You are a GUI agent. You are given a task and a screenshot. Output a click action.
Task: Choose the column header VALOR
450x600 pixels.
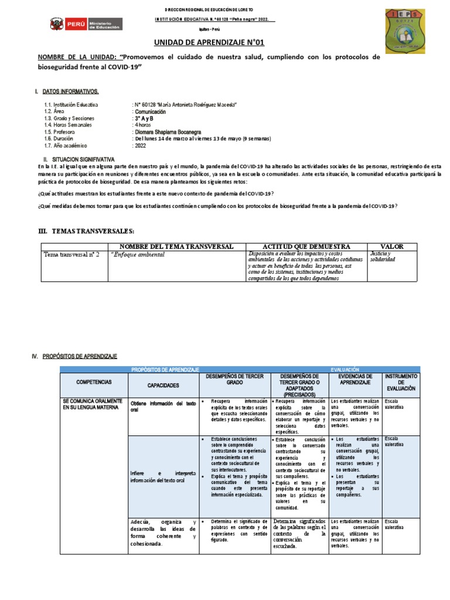pos(392,247)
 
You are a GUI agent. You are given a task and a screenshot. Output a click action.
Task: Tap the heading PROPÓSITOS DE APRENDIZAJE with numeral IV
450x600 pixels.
pos(79,356)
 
